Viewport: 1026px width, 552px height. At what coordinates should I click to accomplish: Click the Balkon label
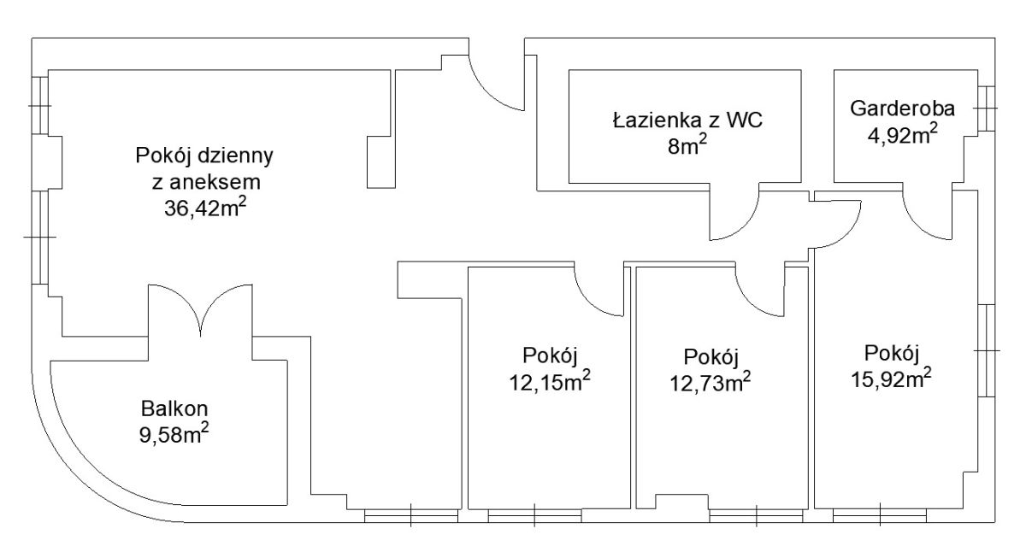point(174,408)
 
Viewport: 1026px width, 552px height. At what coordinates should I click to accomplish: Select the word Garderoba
point(902,109)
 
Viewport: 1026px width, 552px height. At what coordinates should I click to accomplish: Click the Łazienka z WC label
point(688,120)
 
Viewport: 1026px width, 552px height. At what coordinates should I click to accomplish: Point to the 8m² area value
point(687,145)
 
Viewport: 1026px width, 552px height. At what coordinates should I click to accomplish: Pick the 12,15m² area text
point(550,381)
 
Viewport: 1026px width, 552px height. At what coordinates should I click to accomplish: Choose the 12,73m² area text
point(711,382)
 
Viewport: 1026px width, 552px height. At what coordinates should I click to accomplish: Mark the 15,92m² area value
point(891,379)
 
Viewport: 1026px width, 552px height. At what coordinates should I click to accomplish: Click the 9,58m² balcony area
point(174,434)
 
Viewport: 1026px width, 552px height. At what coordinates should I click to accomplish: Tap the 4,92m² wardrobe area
point(902,134)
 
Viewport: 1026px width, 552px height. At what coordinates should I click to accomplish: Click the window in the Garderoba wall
point(986,109)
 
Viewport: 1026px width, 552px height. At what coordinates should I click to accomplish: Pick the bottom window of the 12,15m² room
point(534,516)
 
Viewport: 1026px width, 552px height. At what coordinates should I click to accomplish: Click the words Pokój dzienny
point(204,156)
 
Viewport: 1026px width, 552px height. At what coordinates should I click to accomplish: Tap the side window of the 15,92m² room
point(986,350)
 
